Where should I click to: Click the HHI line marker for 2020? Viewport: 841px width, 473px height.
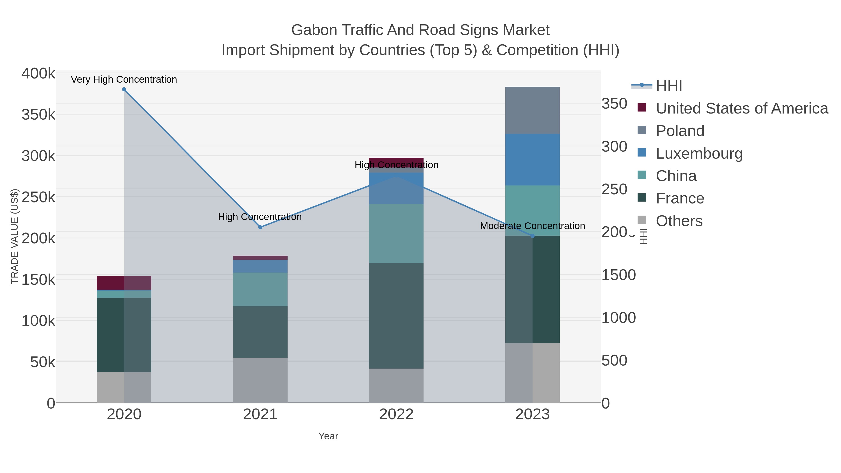click(x=124, y=89)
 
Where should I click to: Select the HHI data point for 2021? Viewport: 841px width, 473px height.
click(x=260, y=227)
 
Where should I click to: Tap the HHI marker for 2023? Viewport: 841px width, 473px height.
click(x=532, y=236)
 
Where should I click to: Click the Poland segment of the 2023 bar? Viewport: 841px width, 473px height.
click(x=532, y=110)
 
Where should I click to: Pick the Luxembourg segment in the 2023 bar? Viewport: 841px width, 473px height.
click(x=532, y=160)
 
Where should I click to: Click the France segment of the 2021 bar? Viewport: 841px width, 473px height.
click(x=260, y=332)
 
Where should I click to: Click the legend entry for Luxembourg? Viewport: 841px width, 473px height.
click(x=699, y=153)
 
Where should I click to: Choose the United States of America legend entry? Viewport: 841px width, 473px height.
click(x=742, y=108)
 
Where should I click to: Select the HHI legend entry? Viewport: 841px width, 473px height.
click(x=669, y=86)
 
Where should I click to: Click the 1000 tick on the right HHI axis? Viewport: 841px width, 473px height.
click(x=619, y=318)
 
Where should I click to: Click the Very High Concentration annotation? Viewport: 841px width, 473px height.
click(x=124, y=80)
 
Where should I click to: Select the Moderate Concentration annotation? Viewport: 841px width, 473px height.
click(x=532, y=226)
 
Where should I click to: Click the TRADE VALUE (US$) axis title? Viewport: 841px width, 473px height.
click(x=15, y=236)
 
